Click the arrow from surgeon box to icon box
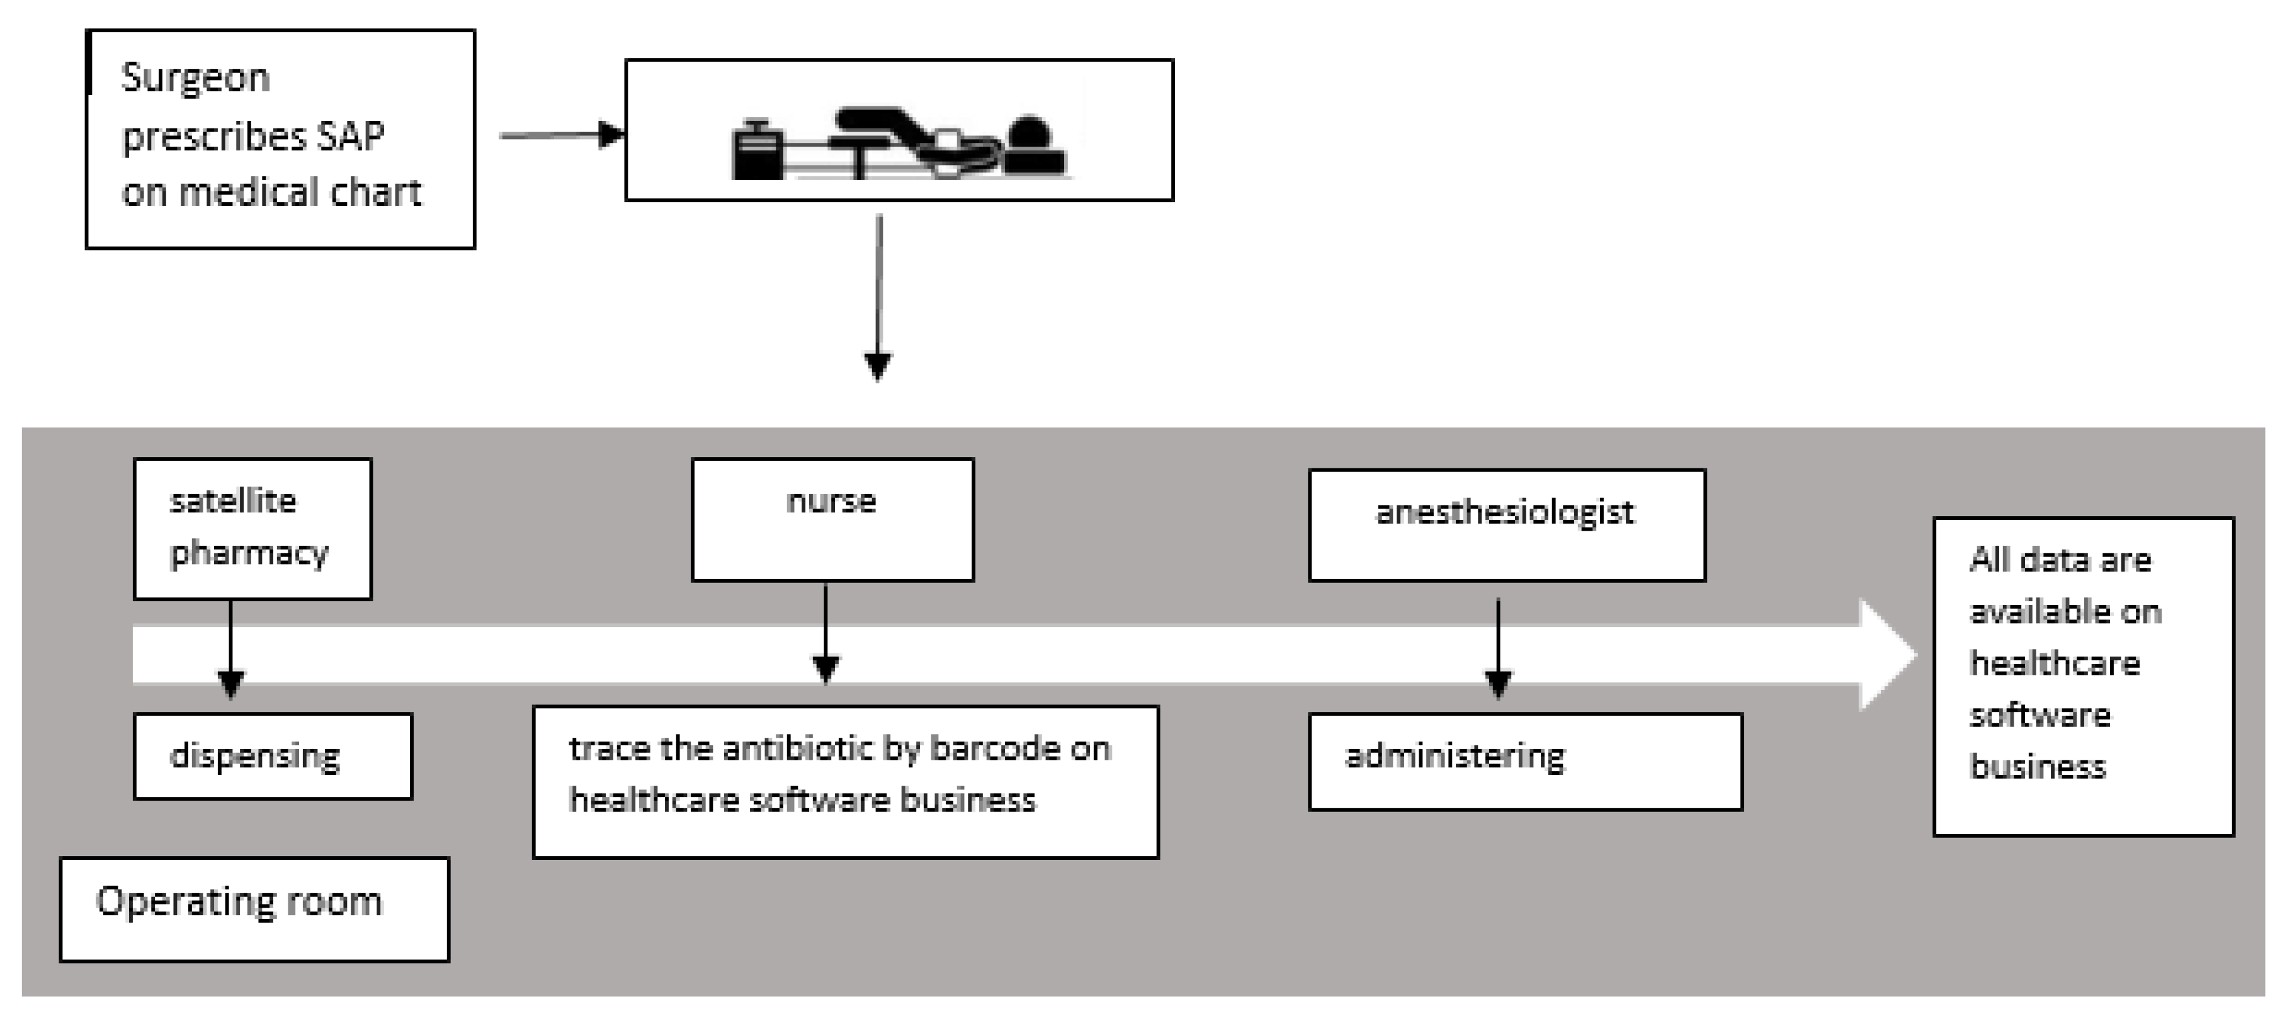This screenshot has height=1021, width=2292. (560, 135)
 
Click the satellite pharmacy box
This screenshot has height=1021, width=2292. (252, 528)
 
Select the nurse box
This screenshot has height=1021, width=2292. (832, 519)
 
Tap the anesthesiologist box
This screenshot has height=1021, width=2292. (1506, 525)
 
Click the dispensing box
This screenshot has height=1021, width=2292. (272, 756)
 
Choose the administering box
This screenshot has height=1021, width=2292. (1524, 761)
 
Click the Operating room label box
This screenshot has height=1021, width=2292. (254, 909)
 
